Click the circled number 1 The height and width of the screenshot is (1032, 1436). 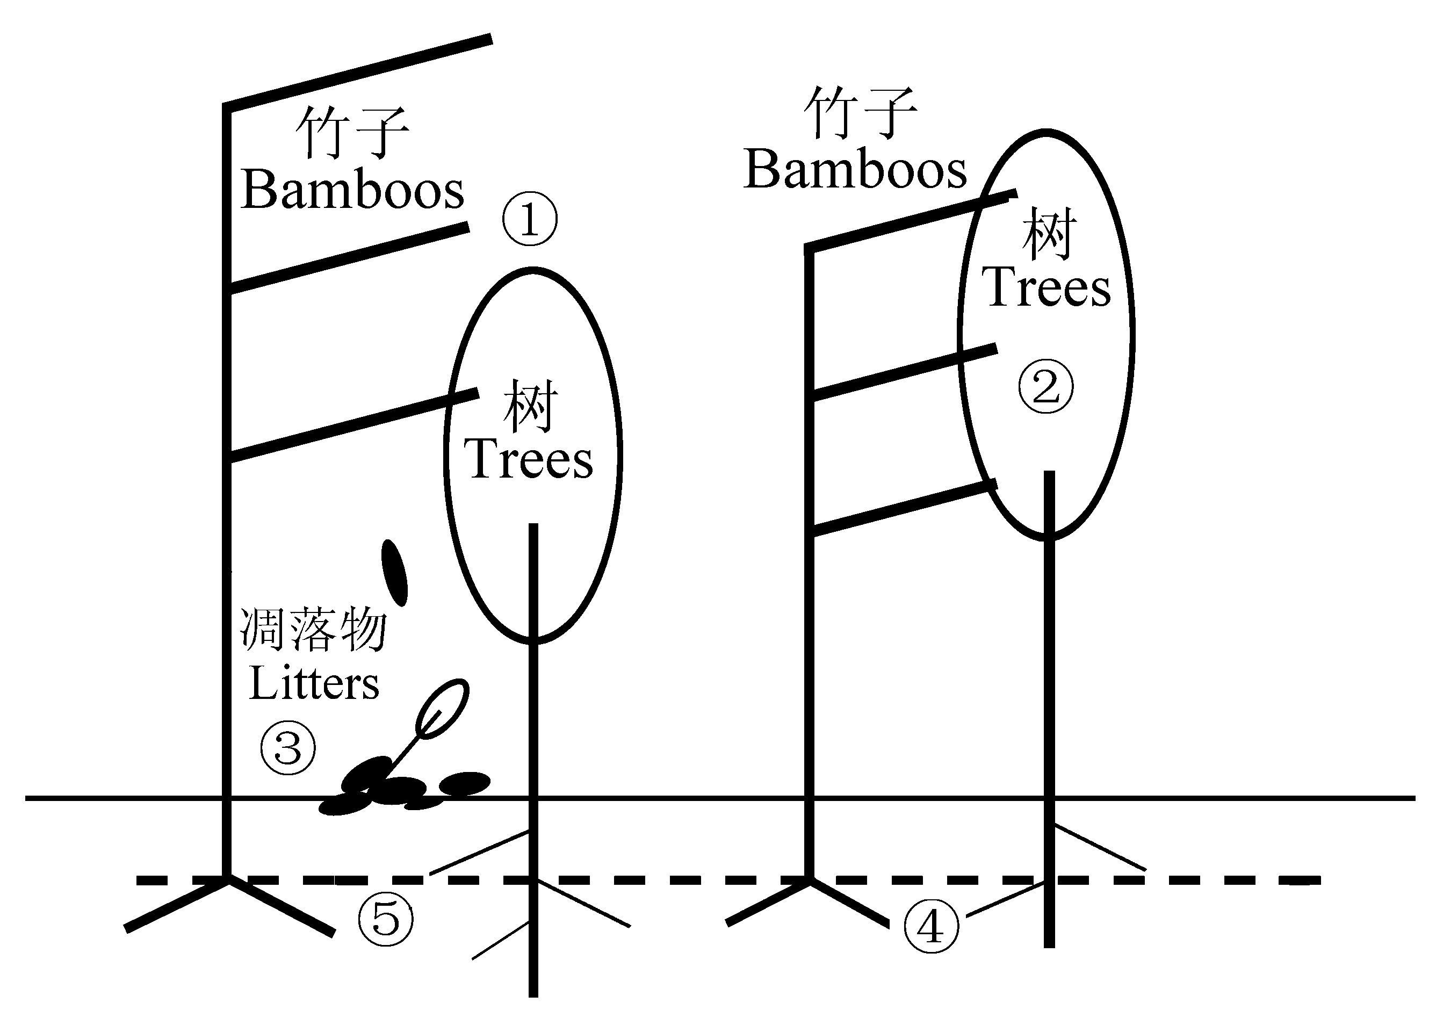(x=530, y=219)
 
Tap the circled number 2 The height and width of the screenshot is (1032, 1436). (x=1046, y=386)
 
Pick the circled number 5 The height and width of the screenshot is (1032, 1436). (x=386, y=919)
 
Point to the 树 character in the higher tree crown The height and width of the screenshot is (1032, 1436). (x=1049, y=233)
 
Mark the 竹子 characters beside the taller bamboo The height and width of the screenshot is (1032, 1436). (x=352, y=132)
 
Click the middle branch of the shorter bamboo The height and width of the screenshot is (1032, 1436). (x=904, y=372)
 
